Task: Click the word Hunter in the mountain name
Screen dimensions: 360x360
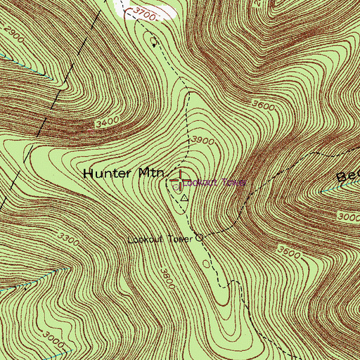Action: point(105,173)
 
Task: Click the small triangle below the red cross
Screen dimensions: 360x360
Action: point(185,198)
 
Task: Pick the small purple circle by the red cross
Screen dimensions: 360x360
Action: point(176,186)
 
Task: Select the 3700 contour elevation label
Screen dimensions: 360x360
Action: point(143,14)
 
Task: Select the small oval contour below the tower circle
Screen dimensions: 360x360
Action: point(206,264)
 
